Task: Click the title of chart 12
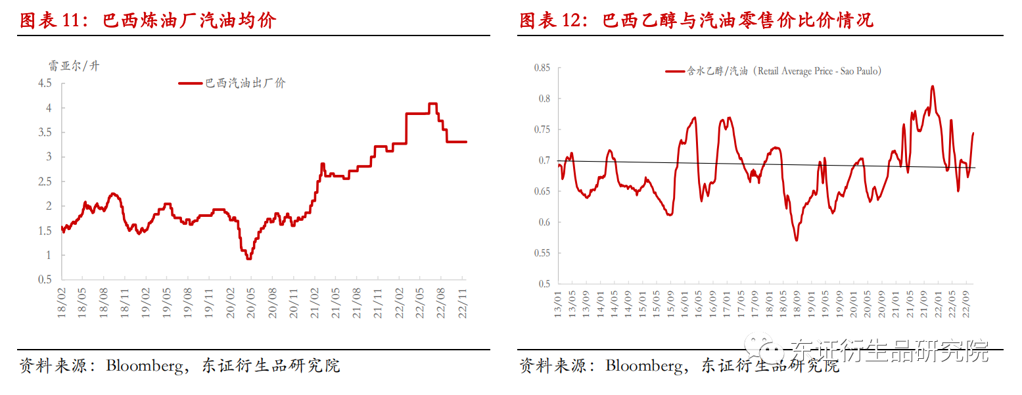click(696, 20)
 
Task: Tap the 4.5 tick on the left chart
click(45, 83)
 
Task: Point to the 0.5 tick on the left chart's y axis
click(45, 279)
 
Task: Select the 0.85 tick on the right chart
click(542, 68)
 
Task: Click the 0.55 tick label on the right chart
click(542, 253)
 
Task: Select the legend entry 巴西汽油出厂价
click(245, 83)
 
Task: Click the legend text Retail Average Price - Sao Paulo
click(819, 71)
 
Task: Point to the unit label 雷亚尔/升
click(74, 66)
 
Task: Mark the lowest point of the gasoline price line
click(248, 258)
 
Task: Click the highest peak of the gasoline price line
click(432, 104)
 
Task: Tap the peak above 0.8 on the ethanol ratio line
click(933, 86)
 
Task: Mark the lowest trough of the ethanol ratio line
click(796, 240)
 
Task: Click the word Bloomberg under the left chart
click(144, 366)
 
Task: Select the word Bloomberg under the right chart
click(643, 366)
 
